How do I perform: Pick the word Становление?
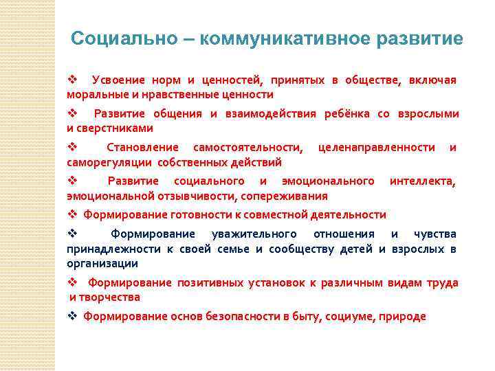pyautogui.click(x=142, y=148)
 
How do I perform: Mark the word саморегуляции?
pyautogui.click(x=109, y=162)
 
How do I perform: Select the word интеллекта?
pyautogui.click(x=423, y=181)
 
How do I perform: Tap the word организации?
pyautogui.click(x=102, y=263)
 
